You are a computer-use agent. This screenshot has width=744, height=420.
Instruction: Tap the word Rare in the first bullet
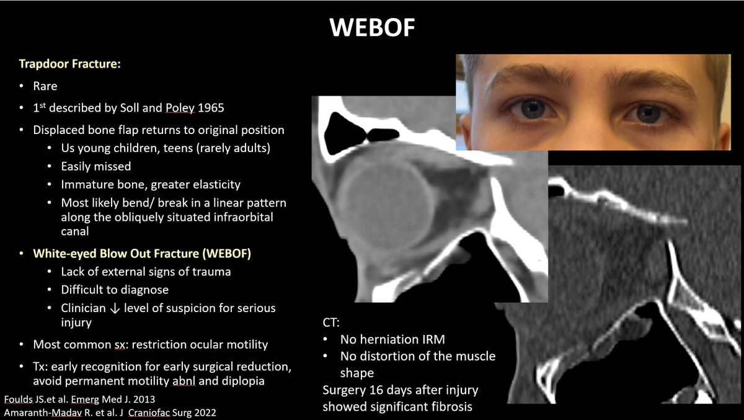pyautogui.click(x=45, y=86)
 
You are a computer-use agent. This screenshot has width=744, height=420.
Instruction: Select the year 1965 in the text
pyautogui.click(x=211, y=108)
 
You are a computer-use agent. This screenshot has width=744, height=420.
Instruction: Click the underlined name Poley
pyautogui.click(x=180, y=108)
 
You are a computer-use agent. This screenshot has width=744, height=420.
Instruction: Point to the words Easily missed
pyautogui.click(x=95, y=166)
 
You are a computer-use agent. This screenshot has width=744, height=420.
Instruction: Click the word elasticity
pyautogui.click(x=211, y=184)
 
